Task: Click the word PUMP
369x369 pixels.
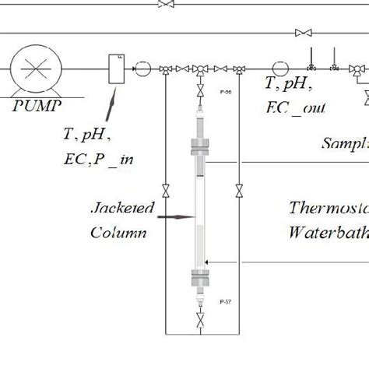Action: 40,105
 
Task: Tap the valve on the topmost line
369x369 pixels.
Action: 165,4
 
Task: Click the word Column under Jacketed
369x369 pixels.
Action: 118,232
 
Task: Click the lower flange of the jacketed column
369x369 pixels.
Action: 200,279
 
